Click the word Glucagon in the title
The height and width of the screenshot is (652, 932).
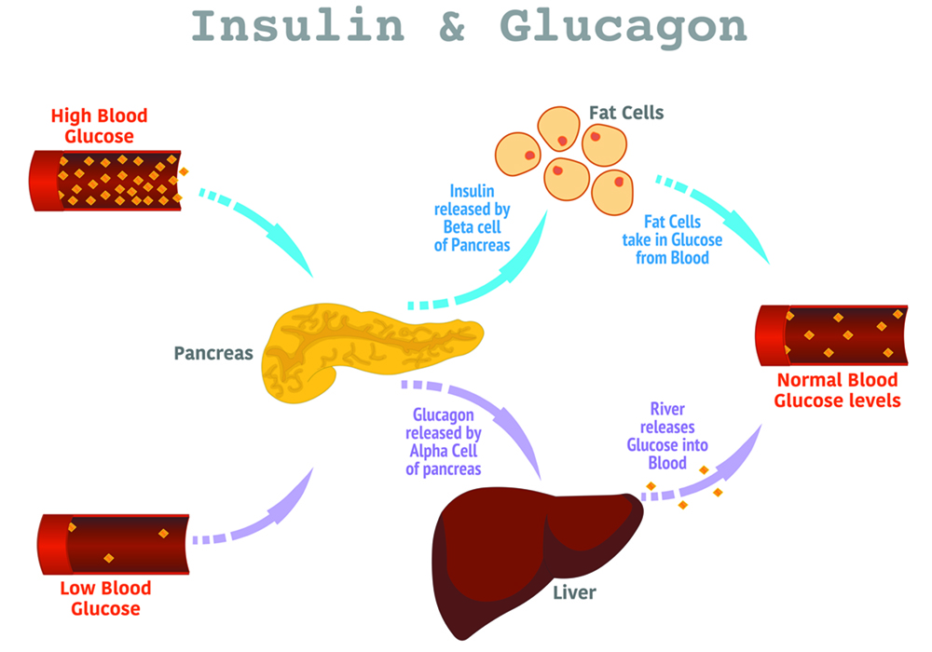[x=623, y=28]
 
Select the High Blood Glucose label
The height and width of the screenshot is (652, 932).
[x=99, y=127]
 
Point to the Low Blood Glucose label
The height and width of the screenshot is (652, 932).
[x=104, y=598]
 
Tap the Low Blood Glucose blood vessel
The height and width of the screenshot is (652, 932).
[x=112, y=543]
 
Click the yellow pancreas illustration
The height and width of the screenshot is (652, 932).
[x=363, y=349]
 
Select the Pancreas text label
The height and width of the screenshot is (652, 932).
[x=213, y=354]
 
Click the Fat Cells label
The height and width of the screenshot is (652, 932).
[x=626, y=113]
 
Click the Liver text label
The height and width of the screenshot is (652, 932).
[x=574, y=591]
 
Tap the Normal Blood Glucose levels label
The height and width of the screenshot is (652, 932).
[x=837, y=390]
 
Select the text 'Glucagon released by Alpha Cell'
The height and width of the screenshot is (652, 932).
[x=444, y=441]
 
